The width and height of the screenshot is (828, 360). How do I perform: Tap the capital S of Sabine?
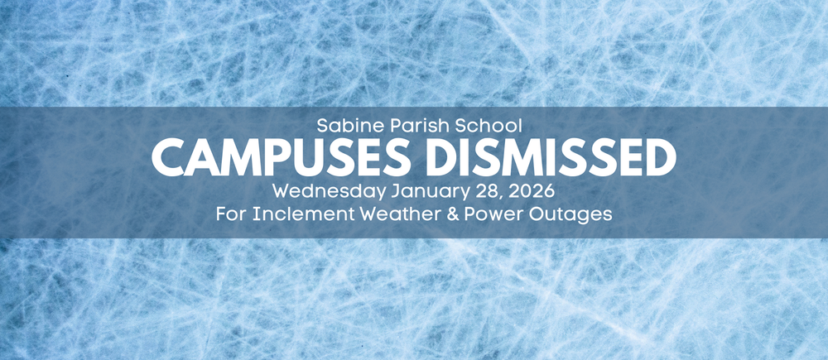coord(322,127)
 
